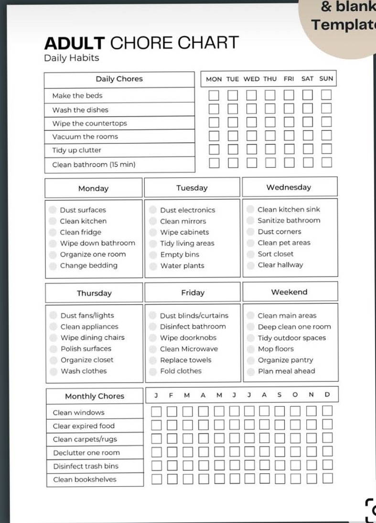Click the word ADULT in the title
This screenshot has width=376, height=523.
coord(74,44)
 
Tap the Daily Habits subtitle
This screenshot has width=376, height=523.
coord(71,58)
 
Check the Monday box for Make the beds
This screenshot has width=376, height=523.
coord(214,95)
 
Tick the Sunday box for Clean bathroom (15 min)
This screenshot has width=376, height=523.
coord(326,163)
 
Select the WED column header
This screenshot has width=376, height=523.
coord(251,79)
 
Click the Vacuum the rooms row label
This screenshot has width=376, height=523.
coord(85,137)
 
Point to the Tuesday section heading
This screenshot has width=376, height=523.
coord(192,188)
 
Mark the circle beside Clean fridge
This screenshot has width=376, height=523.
coord(53,232)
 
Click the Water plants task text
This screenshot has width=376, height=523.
coord(182,266)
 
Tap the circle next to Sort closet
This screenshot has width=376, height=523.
coord(250,254)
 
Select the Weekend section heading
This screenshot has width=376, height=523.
coord(289,292)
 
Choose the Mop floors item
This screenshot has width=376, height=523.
coord(276,349)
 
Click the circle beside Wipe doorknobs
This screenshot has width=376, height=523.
coord(152,338)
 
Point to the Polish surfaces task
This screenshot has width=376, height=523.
coord(86,349)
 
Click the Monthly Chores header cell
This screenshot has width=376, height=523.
coord(94,396)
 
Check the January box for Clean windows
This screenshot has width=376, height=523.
coord(156,411)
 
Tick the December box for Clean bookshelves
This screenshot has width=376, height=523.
coord(327,478)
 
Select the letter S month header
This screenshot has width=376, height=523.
coord(279,395)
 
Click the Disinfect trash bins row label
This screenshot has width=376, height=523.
coord(86,466)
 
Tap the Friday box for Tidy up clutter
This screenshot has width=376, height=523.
coord(289,149)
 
